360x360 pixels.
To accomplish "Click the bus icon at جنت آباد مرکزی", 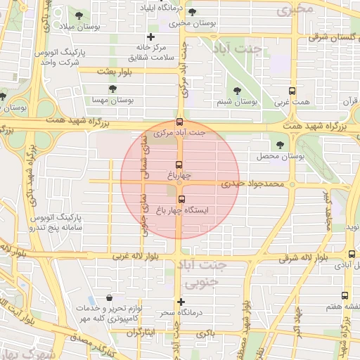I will [179, 121].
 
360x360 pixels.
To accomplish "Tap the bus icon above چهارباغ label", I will [179, 165].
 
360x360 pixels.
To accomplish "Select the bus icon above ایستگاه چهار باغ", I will [181, 199].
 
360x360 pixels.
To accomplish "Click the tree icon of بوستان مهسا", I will [112, 89].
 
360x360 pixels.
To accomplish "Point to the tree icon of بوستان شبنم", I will [236, 91].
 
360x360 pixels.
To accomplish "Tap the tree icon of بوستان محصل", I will [281, 144].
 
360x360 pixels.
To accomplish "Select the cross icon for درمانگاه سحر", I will [181, 302].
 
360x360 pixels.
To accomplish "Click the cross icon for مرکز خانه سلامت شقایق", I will [150, 37].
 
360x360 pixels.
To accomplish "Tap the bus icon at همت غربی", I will [292, 91].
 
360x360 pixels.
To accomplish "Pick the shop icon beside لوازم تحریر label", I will [108, 298].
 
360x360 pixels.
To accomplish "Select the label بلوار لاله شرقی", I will [292, 259].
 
